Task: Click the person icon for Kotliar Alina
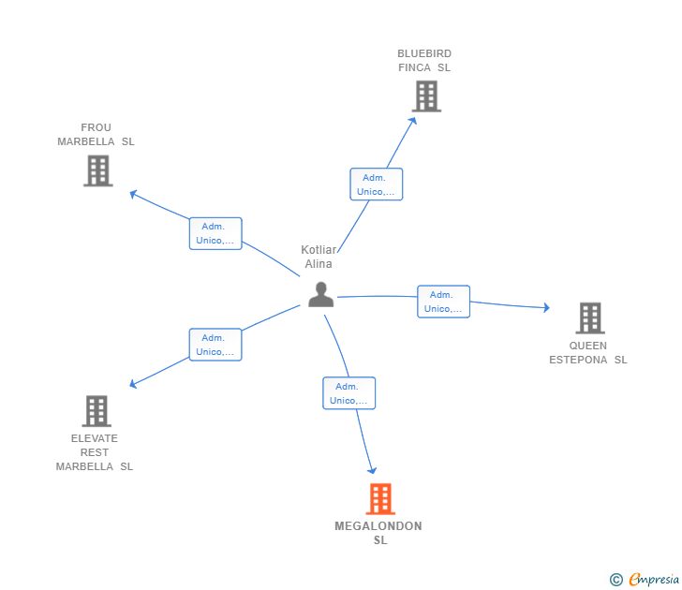(x=320, y=294)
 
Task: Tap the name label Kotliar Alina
(x=318, y=257)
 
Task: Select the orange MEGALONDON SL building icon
(x=379, y=499)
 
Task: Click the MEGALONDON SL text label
(x=378, y=533)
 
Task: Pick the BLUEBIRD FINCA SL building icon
(x=425, y=96)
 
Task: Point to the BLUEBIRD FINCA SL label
(x=424, y=61)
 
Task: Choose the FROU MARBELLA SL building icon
(x=97, y=170)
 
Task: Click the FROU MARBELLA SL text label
(x=96, y=135)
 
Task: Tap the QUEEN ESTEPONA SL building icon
(x=589, y=318)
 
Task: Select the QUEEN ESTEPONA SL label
(x=588, y=352)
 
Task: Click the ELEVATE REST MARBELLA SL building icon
(x=96, y=410)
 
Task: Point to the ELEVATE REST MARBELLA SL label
(x=95, y=452)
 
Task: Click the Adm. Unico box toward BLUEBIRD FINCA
(x=376, y=184)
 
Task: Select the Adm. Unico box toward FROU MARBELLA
(x=215, y=233)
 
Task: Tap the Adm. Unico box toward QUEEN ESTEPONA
(x=443, y=302)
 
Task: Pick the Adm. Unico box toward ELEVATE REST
(x=215, y=345)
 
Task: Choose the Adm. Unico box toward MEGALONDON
(x=348, y=393)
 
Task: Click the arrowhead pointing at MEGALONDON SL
(x=373, y=470)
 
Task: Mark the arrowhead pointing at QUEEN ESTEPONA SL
(x=546, y=307)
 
